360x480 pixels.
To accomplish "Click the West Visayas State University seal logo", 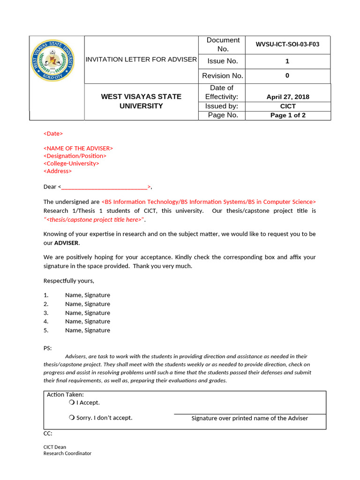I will pyautogui.click(x=52, y=60).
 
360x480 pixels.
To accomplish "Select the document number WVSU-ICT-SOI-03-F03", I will pyautogui.click(x=287, y=45).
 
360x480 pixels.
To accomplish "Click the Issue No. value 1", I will pyautogui.click(x=287, y=61).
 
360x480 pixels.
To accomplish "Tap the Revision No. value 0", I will pyautogui.click(x=287, y=75).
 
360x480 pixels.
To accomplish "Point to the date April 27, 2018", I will pyautogui.click(x=288, y=97).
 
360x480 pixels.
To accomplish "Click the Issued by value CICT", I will pyautogui.click(x=288, y=106).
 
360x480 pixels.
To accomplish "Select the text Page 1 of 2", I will pyautogui.click(x=288, y=115).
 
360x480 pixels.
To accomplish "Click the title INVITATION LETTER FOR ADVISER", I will pyautogui.click(x=141, y=60).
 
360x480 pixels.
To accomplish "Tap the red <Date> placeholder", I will pyautogui.click(x=53, y=134).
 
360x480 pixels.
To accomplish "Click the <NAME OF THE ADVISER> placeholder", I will pyautogui.click(x=78, y=148).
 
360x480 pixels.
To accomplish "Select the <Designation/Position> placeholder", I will pyautogui.click(x=75, y=156).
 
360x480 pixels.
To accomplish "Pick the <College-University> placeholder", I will pyautogui.click(x=71, y=163).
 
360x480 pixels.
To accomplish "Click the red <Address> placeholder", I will pyautogui.click(x=58, y=171).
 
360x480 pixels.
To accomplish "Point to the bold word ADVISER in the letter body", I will pyautogui.click(x=67, y=243).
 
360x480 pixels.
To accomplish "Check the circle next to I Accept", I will pyautogui.click(x=71, y=402).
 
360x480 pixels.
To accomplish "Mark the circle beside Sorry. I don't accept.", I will pyautogui.click(x=71, y=417).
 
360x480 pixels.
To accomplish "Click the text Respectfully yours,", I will pyautogui.click(x=69, y=281).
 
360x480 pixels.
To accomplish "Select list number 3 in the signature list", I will pyautogui.click(x=46, y=313).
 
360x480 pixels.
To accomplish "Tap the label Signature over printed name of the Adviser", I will pyautogui.click(x=249, y=418).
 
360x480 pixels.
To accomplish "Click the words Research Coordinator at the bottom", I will pyautogui.click(x=67, y=453).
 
